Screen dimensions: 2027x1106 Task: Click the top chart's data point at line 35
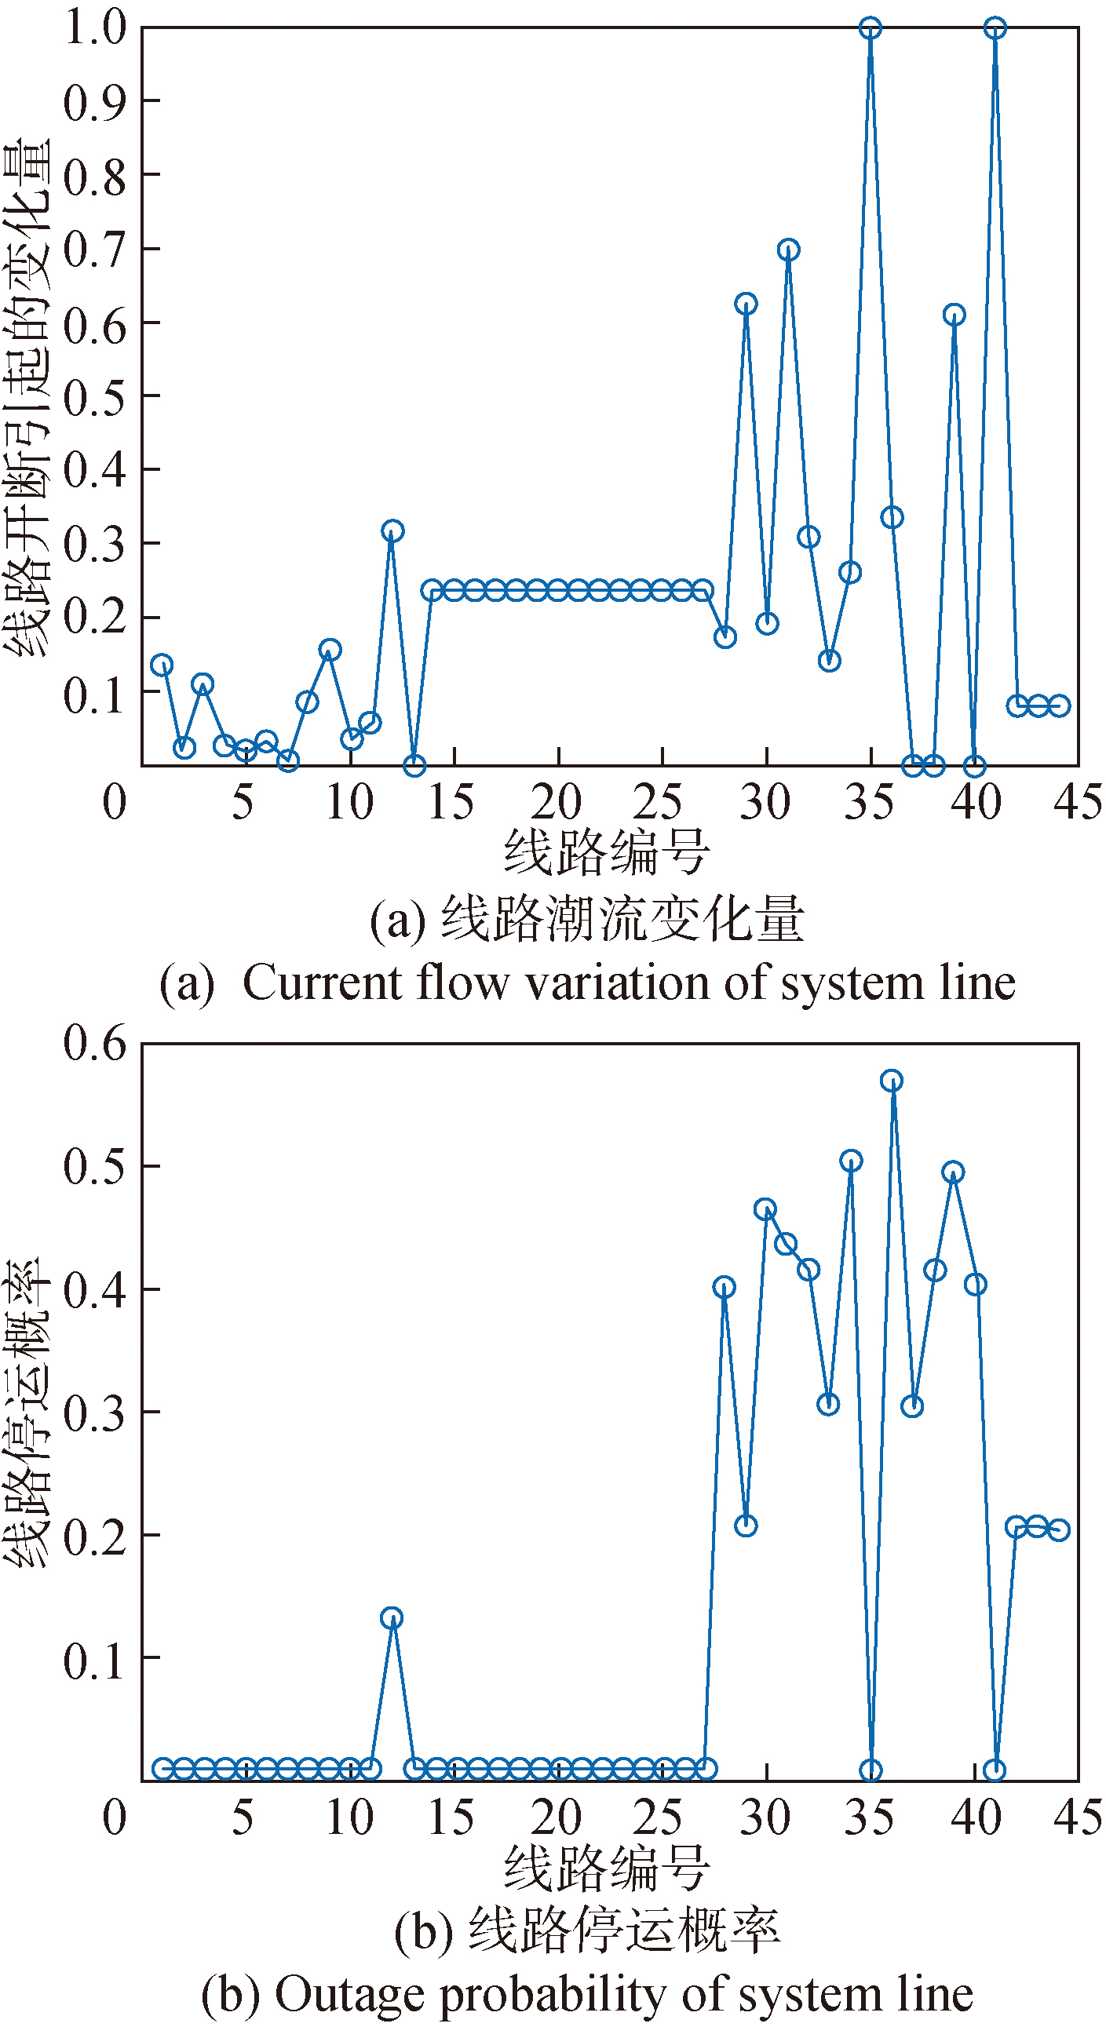pyautogui.click(x=870, y=28)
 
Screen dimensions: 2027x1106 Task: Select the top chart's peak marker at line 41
pyautogui.click(x=995, y=28)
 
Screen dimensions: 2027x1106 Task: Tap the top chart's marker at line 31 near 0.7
pyautogui.click(x=788, y=250)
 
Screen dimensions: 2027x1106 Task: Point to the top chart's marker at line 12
pyautogui.click(x=392, y=531)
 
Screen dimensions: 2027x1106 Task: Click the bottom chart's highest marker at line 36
pyautogui.click(x=891, y=1081)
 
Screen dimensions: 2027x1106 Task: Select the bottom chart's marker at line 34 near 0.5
pyautogui.click(x=850, y=1161)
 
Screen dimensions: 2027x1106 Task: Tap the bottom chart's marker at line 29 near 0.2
pyautogui.click(x=746, y=1526)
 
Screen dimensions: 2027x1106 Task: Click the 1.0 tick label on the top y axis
pyautogui.click(x=94, y=28)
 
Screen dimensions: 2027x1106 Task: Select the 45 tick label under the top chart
pyautogui.click(x=1077, y=803)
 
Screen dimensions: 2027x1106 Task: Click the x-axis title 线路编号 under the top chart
pyautogui.click(x=606, y=853)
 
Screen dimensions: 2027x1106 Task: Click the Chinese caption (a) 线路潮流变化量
pyautogui.click(x=622, y=919)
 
